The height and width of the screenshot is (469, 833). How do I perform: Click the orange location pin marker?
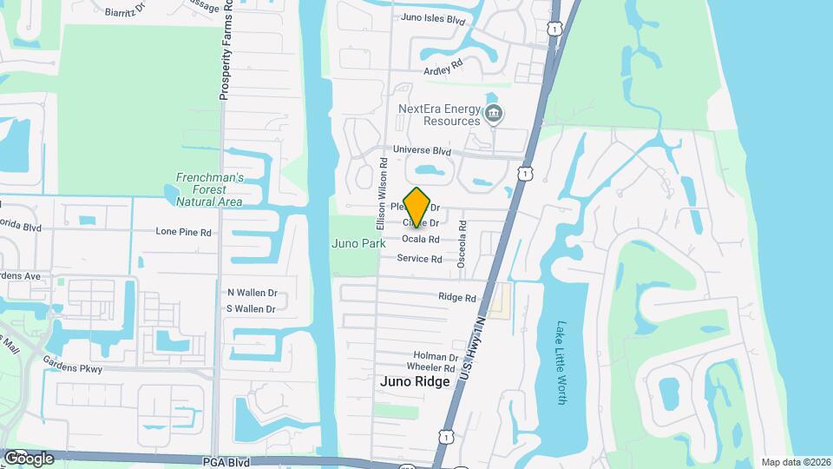coord(417,207)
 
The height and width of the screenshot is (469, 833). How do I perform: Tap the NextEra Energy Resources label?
coord(438,115)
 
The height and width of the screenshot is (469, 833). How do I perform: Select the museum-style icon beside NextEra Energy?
coord(494,114)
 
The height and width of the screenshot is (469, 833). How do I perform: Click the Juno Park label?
coord(358,244)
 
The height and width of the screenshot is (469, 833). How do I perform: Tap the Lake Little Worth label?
coord(561,362)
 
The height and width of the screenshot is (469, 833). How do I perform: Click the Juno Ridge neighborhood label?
coord(415,381)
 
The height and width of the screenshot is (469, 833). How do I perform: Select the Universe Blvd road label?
coord(423,149)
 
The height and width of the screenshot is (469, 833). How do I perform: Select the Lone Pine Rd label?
coord(183,232)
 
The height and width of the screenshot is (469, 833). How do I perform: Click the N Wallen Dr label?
coord(252,293)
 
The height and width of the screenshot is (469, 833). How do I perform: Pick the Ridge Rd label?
coord(457,297)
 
